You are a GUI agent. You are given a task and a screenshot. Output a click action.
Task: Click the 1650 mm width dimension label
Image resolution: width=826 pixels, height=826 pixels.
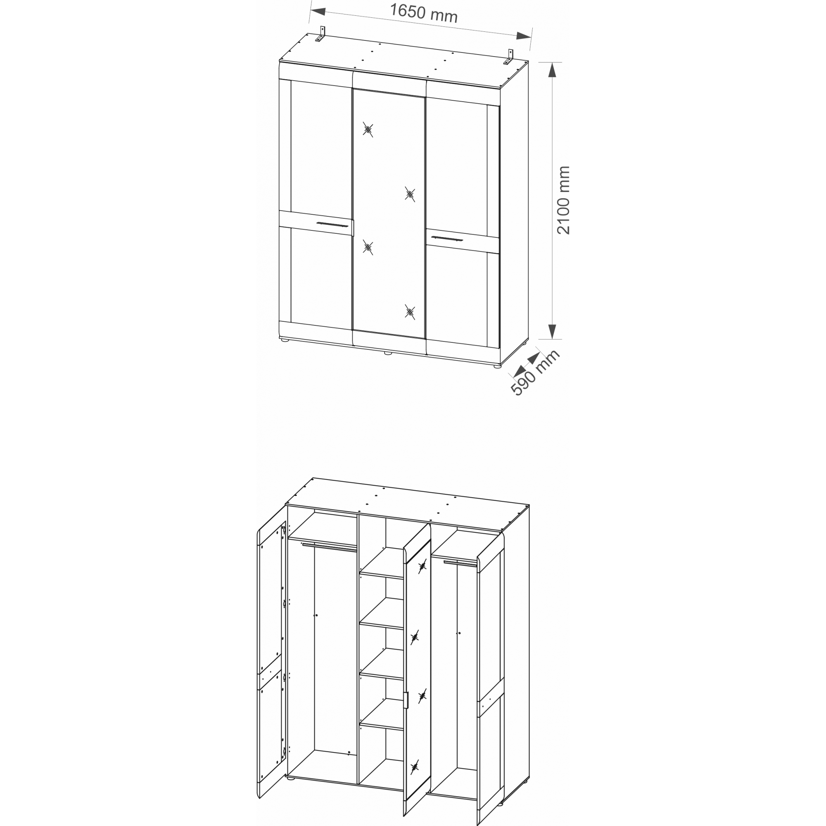(x=424, y=13)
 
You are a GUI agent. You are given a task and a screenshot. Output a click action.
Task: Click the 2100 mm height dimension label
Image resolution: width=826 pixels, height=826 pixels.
(x=563, y=200)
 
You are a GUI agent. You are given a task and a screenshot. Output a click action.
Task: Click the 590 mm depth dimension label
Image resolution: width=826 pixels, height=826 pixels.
(x=535, y=373)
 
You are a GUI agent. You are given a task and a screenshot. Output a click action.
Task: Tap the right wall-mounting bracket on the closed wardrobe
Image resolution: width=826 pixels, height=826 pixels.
(x=510, y=58)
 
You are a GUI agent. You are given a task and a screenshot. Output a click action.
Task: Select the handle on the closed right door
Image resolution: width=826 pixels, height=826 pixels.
(x=447, y=238)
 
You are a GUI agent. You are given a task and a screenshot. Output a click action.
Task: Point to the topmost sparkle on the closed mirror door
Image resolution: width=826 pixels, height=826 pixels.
(x=368, y=130)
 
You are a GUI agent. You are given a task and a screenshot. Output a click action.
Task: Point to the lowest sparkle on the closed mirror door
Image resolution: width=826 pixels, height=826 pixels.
(x=410, y=312)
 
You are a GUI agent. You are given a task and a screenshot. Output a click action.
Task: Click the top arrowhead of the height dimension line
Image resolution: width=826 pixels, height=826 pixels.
(x=552, y=70)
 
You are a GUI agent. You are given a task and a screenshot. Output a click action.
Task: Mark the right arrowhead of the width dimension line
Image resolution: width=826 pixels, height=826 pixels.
(x=523, y=36)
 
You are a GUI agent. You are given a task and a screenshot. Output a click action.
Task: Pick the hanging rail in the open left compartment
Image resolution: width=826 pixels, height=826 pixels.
(x=329, y=547)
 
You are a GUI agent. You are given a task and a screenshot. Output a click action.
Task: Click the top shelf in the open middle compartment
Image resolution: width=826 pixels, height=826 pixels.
(x=382, y=565)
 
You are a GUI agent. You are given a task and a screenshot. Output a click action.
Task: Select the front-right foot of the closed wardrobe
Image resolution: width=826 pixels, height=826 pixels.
(x=497, y=366)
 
